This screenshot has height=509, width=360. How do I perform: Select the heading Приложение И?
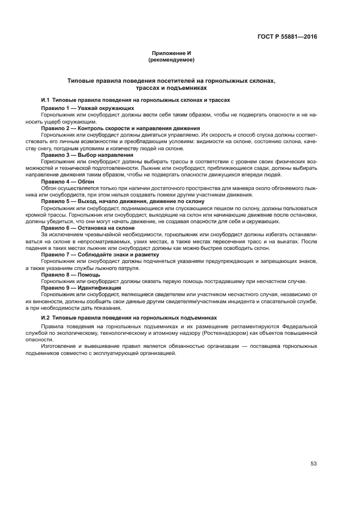point(172,53)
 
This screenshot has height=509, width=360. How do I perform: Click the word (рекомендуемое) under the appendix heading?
point(172,59)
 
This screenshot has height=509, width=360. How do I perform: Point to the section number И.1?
point(46,100)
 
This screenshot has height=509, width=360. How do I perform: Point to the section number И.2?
point(46,317)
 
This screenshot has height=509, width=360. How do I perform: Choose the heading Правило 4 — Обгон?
point(68,181)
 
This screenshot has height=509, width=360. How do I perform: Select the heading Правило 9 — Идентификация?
point(81,287)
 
